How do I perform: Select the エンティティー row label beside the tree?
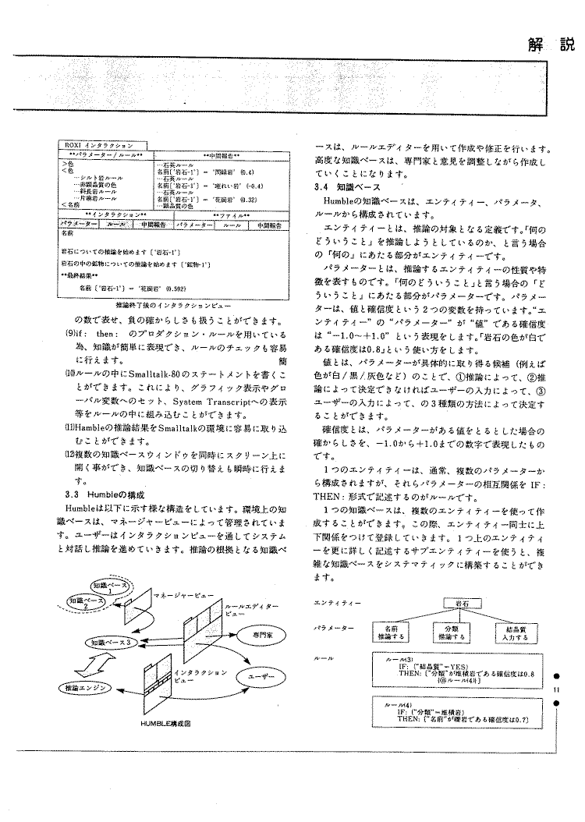pyautogui.click(x=337, y=602)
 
